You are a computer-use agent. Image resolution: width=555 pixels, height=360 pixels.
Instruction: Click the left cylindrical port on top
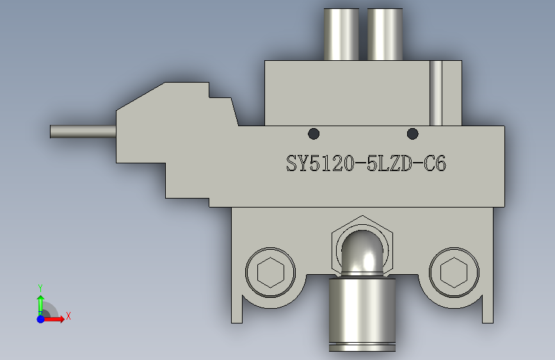[x=341, y=35]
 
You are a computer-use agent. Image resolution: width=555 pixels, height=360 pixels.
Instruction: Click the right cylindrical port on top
[x=385, y=35]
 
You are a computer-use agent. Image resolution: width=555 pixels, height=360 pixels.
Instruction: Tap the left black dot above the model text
[x=314, y=134]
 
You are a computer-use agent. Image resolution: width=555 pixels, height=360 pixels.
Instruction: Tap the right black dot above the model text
[x=412, y=134]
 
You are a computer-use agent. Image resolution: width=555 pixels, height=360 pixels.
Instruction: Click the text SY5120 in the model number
[x=320, y=163]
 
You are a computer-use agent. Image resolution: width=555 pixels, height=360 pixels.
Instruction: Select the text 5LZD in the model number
[x=389, y=164]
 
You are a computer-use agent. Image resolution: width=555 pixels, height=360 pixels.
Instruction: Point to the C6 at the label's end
[x=435, y=164]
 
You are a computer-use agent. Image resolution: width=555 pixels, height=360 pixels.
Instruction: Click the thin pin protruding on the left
[x=83, y=131]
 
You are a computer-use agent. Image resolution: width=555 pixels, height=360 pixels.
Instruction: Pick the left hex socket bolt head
[x=270, y=272]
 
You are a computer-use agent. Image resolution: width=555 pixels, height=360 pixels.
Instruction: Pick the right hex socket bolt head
[x=454, y=272]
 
